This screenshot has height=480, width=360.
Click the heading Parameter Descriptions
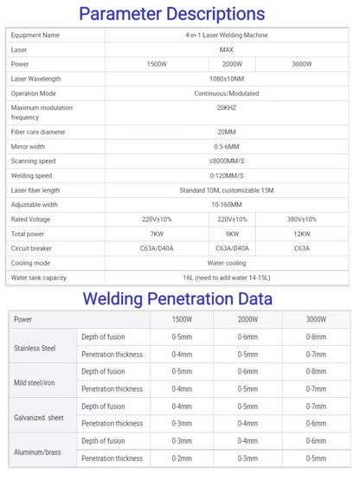pos(183,14)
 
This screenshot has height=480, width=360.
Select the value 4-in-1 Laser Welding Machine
pos(232,35)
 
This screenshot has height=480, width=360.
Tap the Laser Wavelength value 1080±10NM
pos(232,78)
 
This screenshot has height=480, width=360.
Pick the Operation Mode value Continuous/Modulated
pos(232,92)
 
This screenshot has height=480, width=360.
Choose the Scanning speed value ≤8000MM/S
pos(232,161)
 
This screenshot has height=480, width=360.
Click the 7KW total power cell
pos(157,234)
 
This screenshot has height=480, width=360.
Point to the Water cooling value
pos(232,262)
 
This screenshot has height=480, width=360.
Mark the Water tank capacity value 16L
pos(232,277)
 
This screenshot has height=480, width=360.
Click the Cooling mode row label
pos(31,262)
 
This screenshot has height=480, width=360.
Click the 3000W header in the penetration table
pos(316,319)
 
